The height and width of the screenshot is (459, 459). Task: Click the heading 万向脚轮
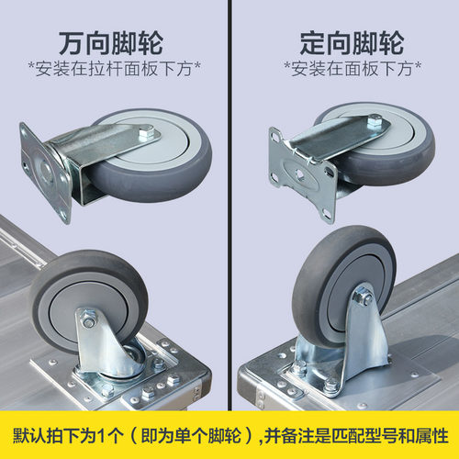coord(110,43)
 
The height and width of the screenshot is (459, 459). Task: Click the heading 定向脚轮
coord(352,43)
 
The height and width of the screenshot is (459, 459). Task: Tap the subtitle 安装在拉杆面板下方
coord(114,69)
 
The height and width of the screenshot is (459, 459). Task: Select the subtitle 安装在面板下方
coord(352,69)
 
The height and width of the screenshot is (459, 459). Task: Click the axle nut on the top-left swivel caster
coord(147,133)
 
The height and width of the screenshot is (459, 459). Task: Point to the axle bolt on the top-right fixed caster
coord(375,121)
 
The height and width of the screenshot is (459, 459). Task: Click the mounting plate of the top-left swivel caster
coord(45,172)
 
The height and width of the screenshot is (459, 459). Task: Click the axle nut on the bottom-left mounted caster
coord(88,321)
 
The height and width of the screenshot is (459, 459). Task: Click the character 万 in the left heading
coord(71,43)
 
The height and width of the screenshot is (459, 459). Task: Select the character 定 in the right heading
coord(312,43)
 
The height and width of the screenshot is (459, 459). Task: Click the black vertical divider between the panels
coord(229,205)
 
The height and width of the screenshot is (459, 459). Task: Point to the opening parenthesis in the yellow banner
coord(134,436)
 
